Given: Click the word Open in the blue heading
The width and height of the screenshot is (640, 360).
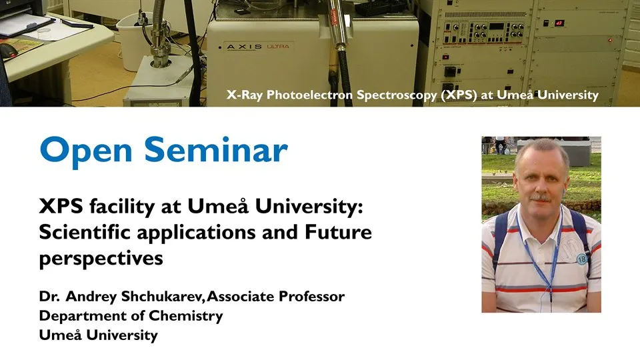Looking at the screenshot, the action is (x=86, y=151).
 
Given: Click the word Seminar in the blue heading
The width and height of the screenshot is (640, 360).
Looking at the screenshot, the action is (x=216, y=149).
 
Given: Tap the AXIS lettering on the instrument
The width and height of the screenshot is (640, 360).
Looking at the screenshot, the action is (x=244, y=47).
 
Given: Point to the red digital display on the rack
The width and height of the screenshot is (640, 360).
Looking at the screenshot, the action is (x=559, y=23).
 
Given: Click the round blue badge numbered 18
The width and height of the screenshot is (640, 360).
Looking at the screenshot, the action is (x=581, y=259).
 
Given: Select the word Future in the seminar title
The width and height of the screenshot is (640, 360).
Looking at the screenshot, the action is (x=339, y=232).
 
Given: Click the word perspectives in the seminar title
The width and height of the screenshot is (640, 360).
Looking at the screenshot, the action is (x=101, y=259).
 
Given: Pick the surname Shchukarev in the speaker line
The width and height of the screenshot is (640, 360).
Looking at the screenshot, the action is (x=163, y=296).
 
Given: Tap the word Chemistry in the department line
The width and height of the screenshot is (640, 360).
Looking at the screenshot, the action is (x=186, y=316).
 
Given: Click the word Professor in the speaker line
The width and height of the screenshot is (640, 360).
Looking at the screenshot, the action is (x=311, y=296).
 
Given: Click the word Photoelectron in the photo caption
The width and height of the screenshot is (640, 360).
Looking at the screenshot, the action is (x=309, y=95).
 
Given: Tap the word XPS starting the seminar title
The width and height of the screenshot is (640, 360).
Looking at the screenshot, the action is (x=61, y=207).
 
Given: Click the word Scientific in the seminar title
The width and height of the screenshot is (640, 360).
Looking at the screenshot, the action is (x=85, y=232).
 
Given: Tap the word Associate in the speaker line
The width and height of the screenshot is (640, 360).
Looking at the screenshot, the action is (x=241, y=296).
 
